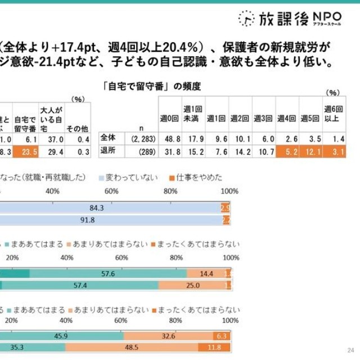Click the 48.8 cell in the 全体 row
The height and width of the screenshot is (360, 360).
pyautogui.click(x=170, y=137)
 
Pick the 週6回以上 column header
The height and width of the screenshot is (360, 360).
pyautogui.click(x=332, y=112)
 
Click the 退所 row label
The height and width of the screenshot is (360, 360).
pyautogui.click(x=107, y=151)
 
